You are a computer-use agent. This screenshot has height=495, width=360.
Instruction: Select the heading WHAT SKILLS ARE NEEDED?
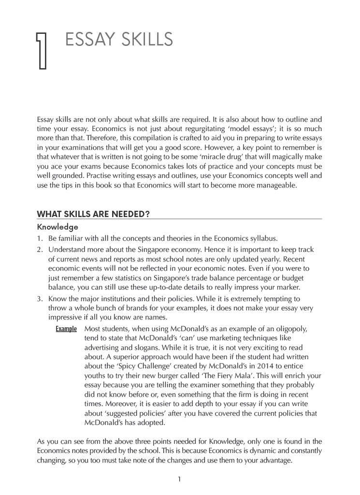pyautogui.click(x=93, y=214)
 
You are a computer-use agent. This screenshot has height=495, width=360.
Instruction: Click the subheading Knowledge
pyautogui.click(x=58, y=226)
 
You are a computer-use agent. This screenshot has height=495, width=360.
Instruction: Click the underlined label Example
pyautogui.click(x=66, y=329)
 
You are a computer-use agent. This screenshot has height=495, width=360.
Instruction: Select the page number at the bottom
pyautogui.click(x=179, y=479)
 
